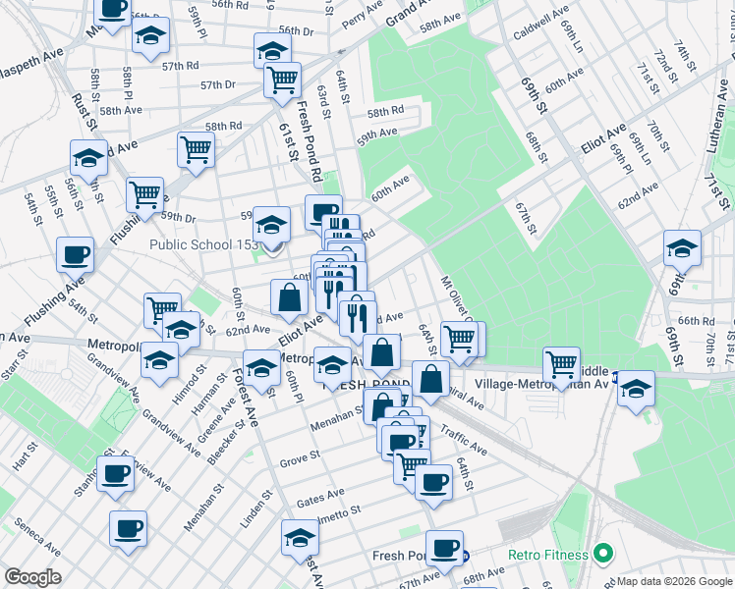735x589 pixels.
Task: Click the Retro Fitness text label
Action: click(x=548, y=556)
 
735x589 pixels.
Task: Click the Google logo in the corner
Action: click(x=31, y=577)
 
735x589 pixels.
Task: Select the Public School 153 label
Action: click(x=203, y=244)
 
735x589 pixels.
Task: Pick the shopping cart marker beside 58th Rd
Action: click(x=196, y=149)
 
